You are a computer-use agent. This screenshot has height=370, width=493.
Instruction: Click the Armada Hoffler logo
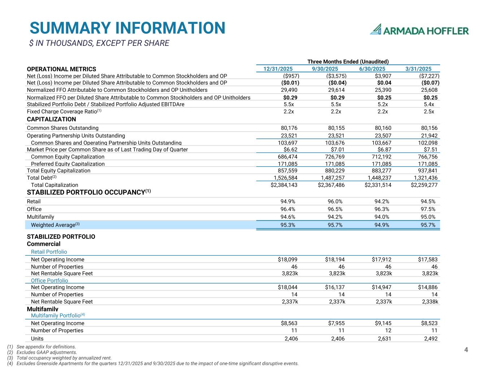point(419,30)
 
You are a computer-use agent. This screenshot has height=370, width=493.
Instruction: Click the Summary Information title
point(127,28)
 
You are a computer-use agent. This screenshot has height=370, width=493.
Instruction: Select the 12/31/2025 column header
point(278,69)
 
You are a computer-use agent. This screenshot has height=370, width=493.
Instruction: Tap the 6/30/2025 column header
point(372,69)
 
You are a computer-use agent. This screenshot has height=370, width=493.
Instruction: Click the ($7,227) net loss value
point(429,76)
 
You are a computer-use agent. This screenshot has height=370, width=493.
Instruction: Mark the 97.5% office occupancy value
point(428,209)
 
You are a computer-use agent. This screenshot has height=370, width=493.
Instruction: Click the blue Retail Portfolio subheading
point(49,252)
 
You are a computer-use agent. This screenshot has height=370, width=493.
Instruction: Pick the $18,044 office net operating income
point(287,287)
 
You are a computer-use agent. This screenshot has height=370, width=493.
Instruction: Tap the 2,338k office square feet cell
point(430,302)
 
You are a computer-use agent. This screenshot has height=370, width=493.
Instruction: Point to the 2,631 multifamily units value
point(384,339)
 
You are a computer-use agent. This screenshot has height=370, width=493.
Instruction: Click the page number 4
point(466,350)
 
